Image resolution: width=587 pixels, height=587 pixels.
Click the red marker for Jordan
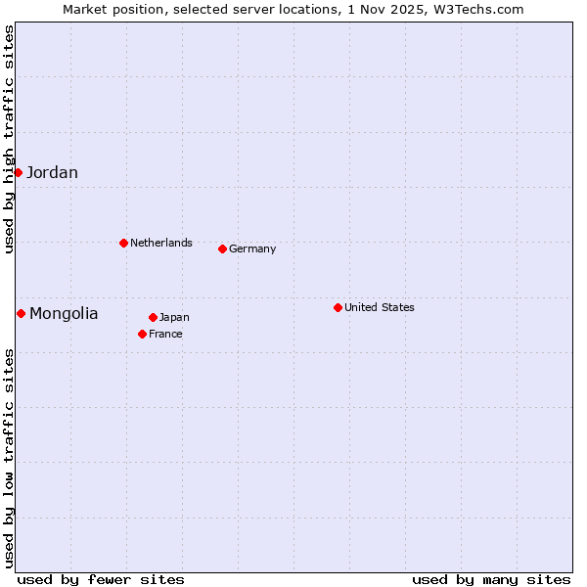(x=18, y=172)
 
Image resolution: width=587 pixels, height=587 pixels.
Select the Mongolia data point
(x=21, y=313)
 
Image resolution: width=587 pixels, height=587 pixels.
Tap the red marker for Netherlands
(x=123, y=243)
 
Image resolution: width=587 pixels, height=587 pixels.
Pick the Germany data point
(x=222, y=248)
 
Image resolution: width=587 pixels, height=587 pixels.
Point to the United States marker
(x=338, y=307)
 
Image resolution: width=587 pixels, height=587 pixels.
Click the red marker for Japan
(x=153, y=317)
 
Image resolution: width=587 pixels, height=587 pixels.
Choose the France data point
(x=142, y=334)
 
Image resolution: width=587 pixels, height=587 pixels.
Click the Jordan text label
(x=52, y=173)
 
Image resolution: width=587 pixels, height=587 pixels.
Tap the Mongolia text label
(x=64, y=314)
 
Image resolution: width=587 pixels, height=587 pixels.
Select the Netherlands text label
(x=161, y=243)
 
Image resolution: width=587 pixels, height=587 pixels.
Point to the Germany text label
(x=252, y=248)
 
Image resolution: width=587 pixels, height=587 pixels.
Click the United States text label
(x=380, y=307)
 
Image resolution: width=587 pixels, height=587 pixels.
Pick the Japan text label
(x=174, y=317)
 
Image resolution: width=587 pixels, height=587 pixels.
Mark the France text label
(x=165, y=334)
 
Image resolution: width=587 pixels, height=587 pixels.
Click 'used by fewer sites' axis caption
(x=101, y=579)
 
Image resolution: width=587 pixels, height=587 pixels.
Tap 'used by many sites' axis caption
(x=491, y=579)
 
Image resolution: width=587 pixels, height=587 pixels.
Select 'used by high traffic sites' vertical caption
(x=9, y=139)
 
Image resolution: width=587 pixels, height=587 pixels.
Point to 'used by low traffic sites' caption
(x=9, y=457)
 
